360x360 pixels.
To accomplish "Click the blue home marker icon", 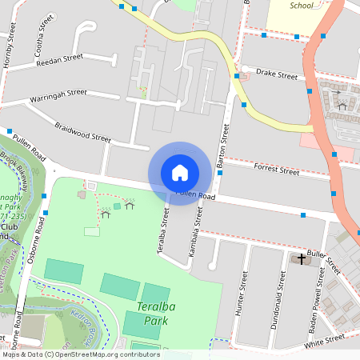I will (180, 172).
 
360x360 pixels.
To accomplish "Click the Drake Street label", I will (276, 74).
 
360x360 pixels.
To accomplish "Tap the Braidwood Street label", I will (83, 132).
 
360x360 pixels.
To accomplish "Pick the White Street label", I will (325, 339).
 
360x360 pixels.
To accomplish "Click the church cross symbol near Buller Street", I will (302, 258).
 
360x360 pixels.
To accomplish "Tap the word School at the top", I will (301, 6).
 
